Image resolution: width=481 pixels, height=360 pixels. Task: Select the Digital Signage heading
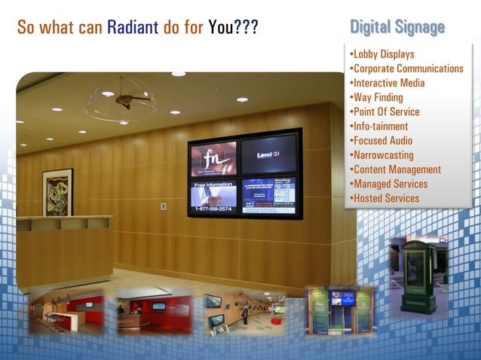[x=397, y=28]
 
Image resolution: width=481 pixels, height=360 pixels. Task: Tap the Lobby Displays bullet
[x=382, y=54]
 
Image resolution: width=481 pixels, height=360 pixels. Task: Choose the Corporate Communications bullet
[x=406, y=69]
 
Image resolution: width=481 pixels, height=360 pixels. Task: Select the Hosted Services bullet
[x=385, y=198]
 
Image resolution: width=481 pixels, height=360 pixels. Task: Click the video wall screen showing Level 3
[x=268, y=154]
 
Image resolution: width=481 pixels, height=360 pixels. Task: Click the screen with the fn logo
[x=213, y=159]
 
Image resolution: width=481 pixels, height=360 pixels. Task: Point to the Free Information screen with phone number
[x=213, y=195]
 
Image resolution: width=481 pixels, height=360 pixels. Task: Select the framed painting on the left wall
[x=57, y=192]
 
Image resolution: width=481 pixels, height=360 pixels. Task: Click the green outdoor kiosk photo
[x=416, y=275]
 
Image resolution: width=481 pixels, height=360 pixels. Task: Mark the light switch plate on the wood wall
[x=164, y=206]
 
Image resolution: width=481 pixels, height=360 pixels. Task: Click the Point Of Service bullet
[x=385, y=112]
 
